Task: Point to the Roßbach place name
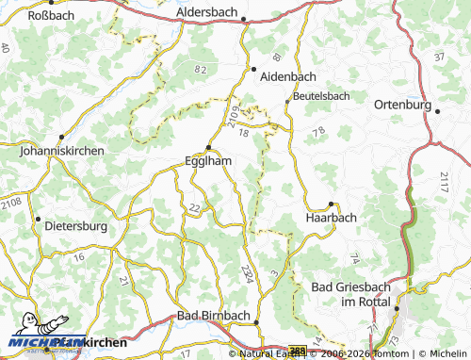click(x=52, y=15)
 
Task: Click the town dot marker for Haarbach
click(x=331, y=204)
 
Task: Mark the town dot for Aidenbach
click(x=253, y=69)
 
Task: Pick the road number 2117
click(x=444, y=182)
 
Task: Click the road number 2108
click(x=11, y=201)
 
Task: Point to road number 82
click(x=199, y=69)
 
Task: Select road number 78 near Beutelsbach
click(x=318, y=130)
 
